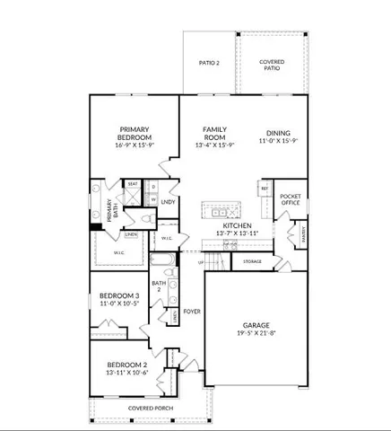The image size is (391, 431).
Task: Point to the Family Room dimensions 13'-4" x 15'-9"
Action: click(x=214, y=145)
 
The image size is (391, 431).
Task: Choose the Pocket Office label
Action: click(x=290, y=199)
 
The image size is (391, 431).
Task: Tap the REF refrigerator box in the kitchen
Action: click(x=265, y=189)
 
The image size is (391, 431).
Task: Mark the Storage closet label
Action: click(x=252, y=261)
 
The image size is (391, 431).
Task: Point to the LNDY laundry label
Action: click(x=167, y=202)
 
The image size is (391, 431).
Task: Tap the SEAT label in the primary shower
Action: click(x=133, y=184)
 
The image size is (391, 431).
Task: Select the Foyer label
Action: click(x=191, y=312)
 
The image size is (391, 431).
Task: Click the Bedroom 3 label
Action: click(x=118, y=295)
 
